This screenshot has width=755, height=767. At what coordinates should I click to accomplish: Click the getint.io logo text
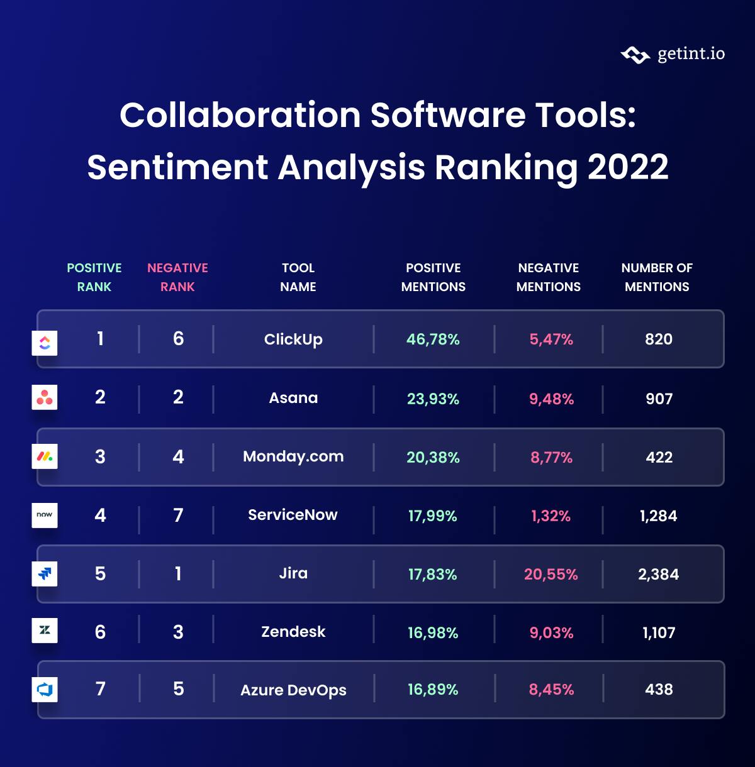coord(691,54)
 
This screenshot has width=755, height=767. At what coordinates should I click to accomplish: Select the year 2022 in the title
coord(627,167)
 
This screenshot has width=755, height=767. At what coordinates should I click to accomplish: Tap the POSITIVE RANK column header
coord(94,277)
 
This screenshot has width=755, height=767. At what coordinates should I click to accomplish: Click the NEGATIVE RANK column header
coord(177,277)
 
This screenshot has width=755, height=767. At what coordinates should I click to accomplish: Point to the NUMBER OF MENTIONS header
coord(657,277)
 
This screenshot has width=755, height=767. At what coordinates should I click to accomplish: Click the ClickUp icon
coord(45,343)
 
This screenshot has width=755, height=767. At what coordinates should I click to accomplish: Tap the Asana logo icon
coord(45,397)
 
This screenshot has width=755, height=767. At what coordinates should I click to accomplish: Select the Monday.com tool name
coord(293,456)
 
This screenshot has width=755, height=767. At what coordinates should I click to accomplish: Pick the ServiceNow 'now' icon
coord(45,515)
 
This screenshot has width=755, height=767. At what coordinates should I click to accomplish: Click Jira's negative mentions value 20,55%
coord(551,574)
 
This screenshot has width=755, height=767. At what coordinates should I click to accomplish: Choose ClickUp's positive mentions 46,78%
coord(433,339)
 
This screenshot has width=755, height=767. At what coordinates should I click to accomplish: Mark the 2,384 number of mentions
coord(658,574)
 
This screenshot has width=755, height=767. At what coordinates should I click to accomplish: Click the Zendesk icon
coord(45,630)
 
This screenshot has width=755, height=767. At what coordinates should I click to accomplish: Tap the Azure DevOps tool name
coord(293,690)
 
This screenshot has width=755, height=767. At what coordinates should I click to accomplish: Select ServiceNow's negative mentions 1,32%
coord(551,516)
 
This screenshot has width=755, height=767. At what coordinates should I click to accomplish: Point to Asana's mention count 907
coord(659,399)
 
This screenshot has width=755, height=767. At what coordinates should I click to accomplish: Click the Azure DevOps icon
coord(45,689)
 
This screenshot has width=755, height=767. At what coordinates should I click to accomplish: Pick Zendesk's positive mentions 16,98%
coord(433,632)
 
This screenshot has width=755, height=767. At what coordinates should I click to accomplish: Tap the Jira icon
coord(45,573)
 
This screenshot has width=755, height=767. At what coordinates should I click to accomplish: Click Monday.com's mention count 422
coord(659,457)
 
